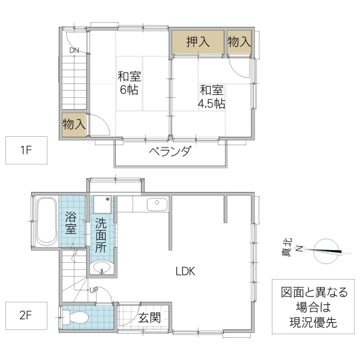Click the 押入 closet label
197,42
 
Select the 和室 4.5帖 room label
211,96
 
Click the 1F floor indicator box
26,151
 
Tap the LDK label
185,271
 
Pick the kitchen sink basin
157,203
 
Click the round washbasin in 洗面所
101,267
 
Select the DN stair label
74,50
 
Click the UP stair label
94,290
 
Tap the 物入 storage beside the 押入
239,42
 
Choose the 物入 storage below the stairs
74,125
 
